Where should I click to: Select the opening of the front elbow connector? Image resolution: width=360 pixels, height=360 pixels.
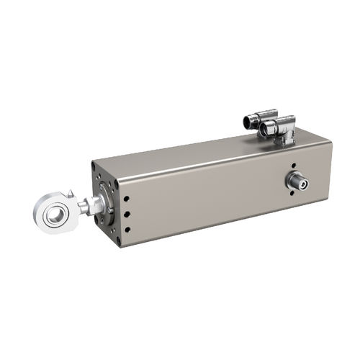click(264, 130)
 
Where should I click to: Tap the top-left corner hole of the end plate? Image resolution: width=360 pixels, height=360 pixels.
click(94, 166)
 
